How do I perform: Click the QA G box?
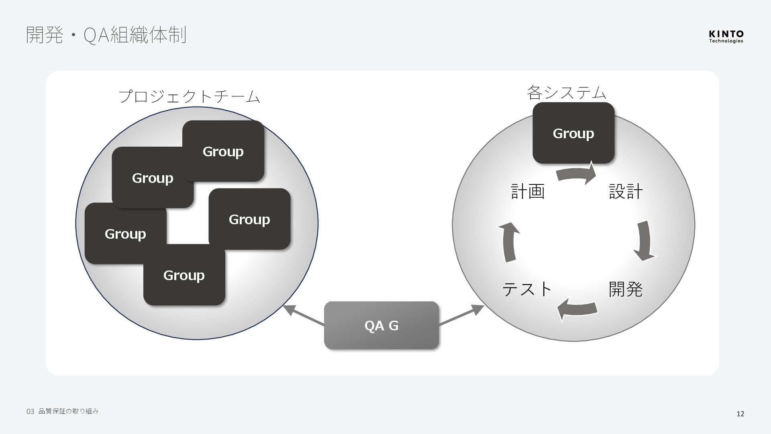pyautogui.click(x=381, y=325)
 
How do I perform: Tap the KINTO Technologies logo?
pyautogui.click(x=726, y=36)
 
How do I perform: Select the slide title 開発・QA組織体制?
pyautogui.click(x=106, y=35)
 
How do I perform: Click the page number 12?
pyautogui.click(x=740, y=414)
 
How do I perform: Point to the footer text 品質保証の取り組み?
pyautogui.click(x=68, y=411)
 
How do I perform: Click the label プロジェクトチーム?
pyautogui.click(x=189, y=96)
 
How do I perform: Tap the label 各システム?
pyautogui.click(x=566, y=92)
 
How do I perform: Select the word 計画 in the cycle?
pyautogui.click(x=528, y=191)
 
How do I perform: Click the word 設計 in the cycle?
pyautogui.click(x=626, y=191)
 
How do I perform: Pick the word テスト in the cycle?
pyautogui.click(x=527, y=289)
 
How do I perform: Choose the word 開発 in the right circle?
pyautogui.click(x=625, y=289)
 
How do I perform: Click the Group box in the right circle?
pyautogui.click(x=573, y=133)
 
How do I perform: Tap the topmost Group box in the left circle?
pyautogui.click(x=223, y=151)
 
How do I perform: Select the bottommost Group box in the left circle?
pyautogui.click(x=184, y=275)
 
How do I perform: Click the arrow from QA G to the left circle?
pyautogui.click(x=304, y=315)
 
